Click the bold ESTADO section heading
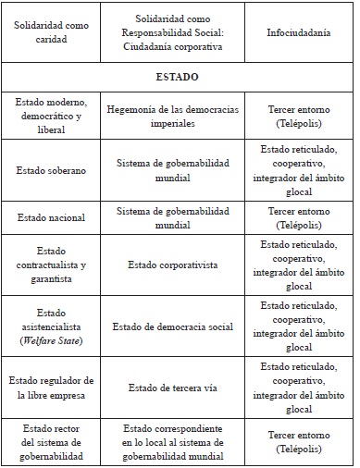[180, 77]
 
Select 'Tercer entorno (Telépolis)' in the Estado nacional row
[298, 217]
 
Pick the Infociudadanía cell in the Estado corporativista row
[298, 265]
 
